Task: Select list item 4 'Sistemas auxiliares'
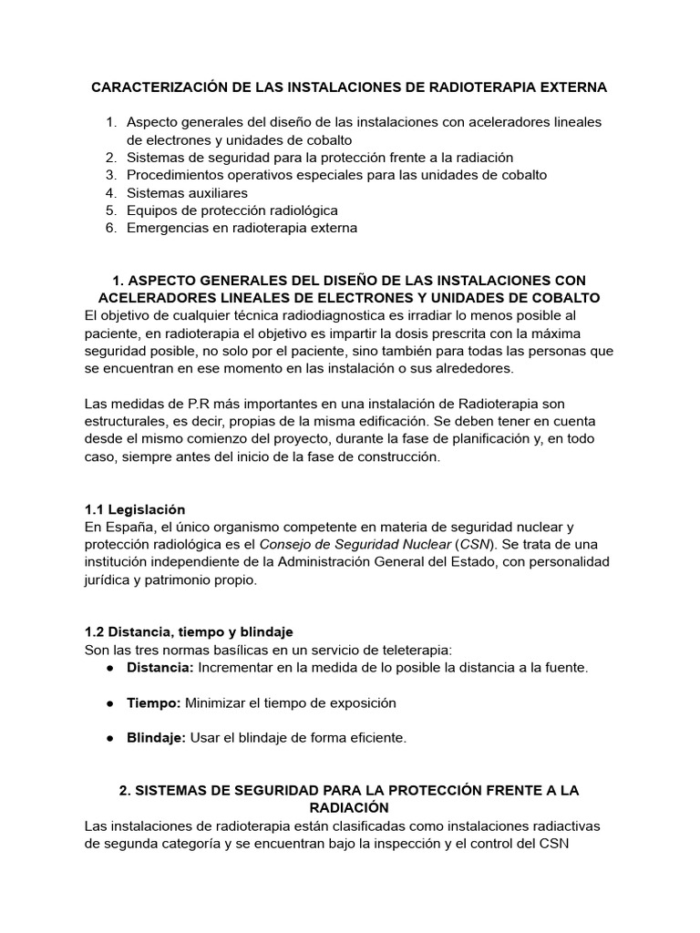187,192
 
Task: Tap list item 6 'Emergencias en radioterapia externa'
242,228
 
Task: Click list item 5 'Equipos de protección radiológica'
232,210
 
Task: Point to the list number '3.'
110,175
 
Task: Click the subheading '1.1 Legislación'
135,509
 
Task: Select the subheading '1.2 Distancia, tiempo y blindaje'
189,631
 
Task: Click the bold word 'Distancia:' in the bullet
160,667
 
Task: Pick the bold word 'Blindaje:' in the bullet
156,738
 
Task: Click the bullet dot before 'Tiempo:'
109,702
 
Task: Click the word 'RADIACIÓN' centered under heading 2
349,807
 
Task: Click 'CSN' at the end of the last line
553,843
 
